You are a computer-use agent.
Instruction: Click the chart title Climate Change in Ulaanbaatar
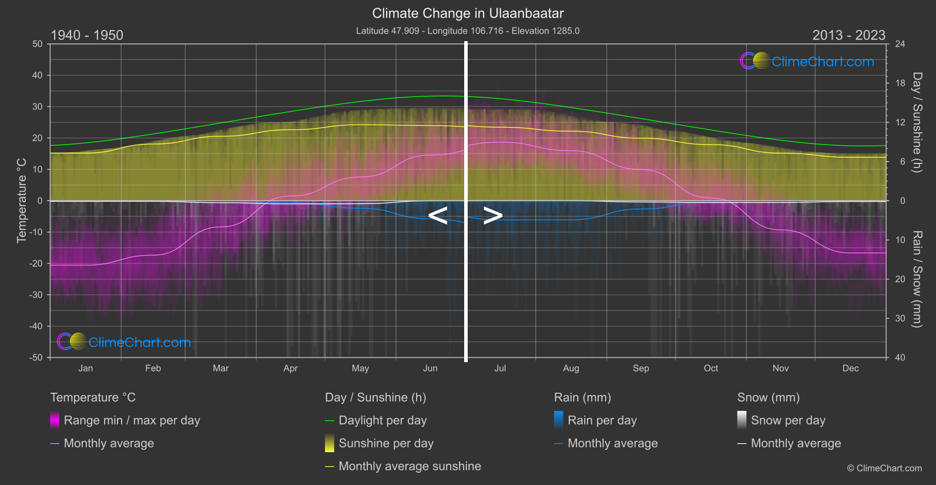[468, 14]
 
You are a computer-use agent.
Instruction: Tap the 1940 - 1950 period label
[87, 35]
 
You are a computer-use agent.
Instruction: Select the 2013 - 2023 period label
[848, 35]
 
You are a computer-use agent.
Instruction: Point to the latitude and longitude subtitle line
[468, 31]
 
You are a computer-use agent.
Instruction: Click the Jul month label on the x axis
[500, 369]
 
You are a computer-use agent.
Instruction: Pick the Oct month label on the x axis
[710, 369]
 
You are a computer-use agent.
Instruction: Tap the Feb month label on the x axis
[153, 369]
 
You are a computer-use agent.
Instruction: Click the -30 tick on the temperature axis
[36, 295]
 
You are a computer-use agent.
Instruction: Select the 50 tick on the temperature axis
[38, 44]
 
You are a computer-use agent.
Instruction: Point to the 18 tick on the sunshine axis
[900, 83]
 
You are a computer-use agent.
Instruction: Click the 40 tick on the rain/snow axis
[900, 357]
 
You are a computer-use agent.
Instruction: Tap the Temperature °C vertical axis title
[22, 200]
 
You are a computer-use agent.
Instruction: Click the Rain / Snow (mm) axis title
[917, 279]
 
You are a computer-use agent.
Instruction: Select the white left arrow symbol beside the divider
[438, 216]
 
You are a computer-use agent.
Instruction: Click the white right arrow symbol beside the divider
[492, 216]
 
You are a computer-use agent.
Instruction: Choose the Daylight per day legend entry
[382, 420]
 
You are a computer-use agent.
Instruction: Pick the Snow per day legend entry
[787, 420]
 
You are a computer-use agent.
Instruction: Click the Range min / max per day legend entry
[132, 420]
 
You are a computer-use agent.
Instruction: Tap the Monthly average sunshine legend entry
[409, 466]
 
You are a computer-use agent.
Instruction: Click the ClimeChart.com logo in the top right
[807, 61]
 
